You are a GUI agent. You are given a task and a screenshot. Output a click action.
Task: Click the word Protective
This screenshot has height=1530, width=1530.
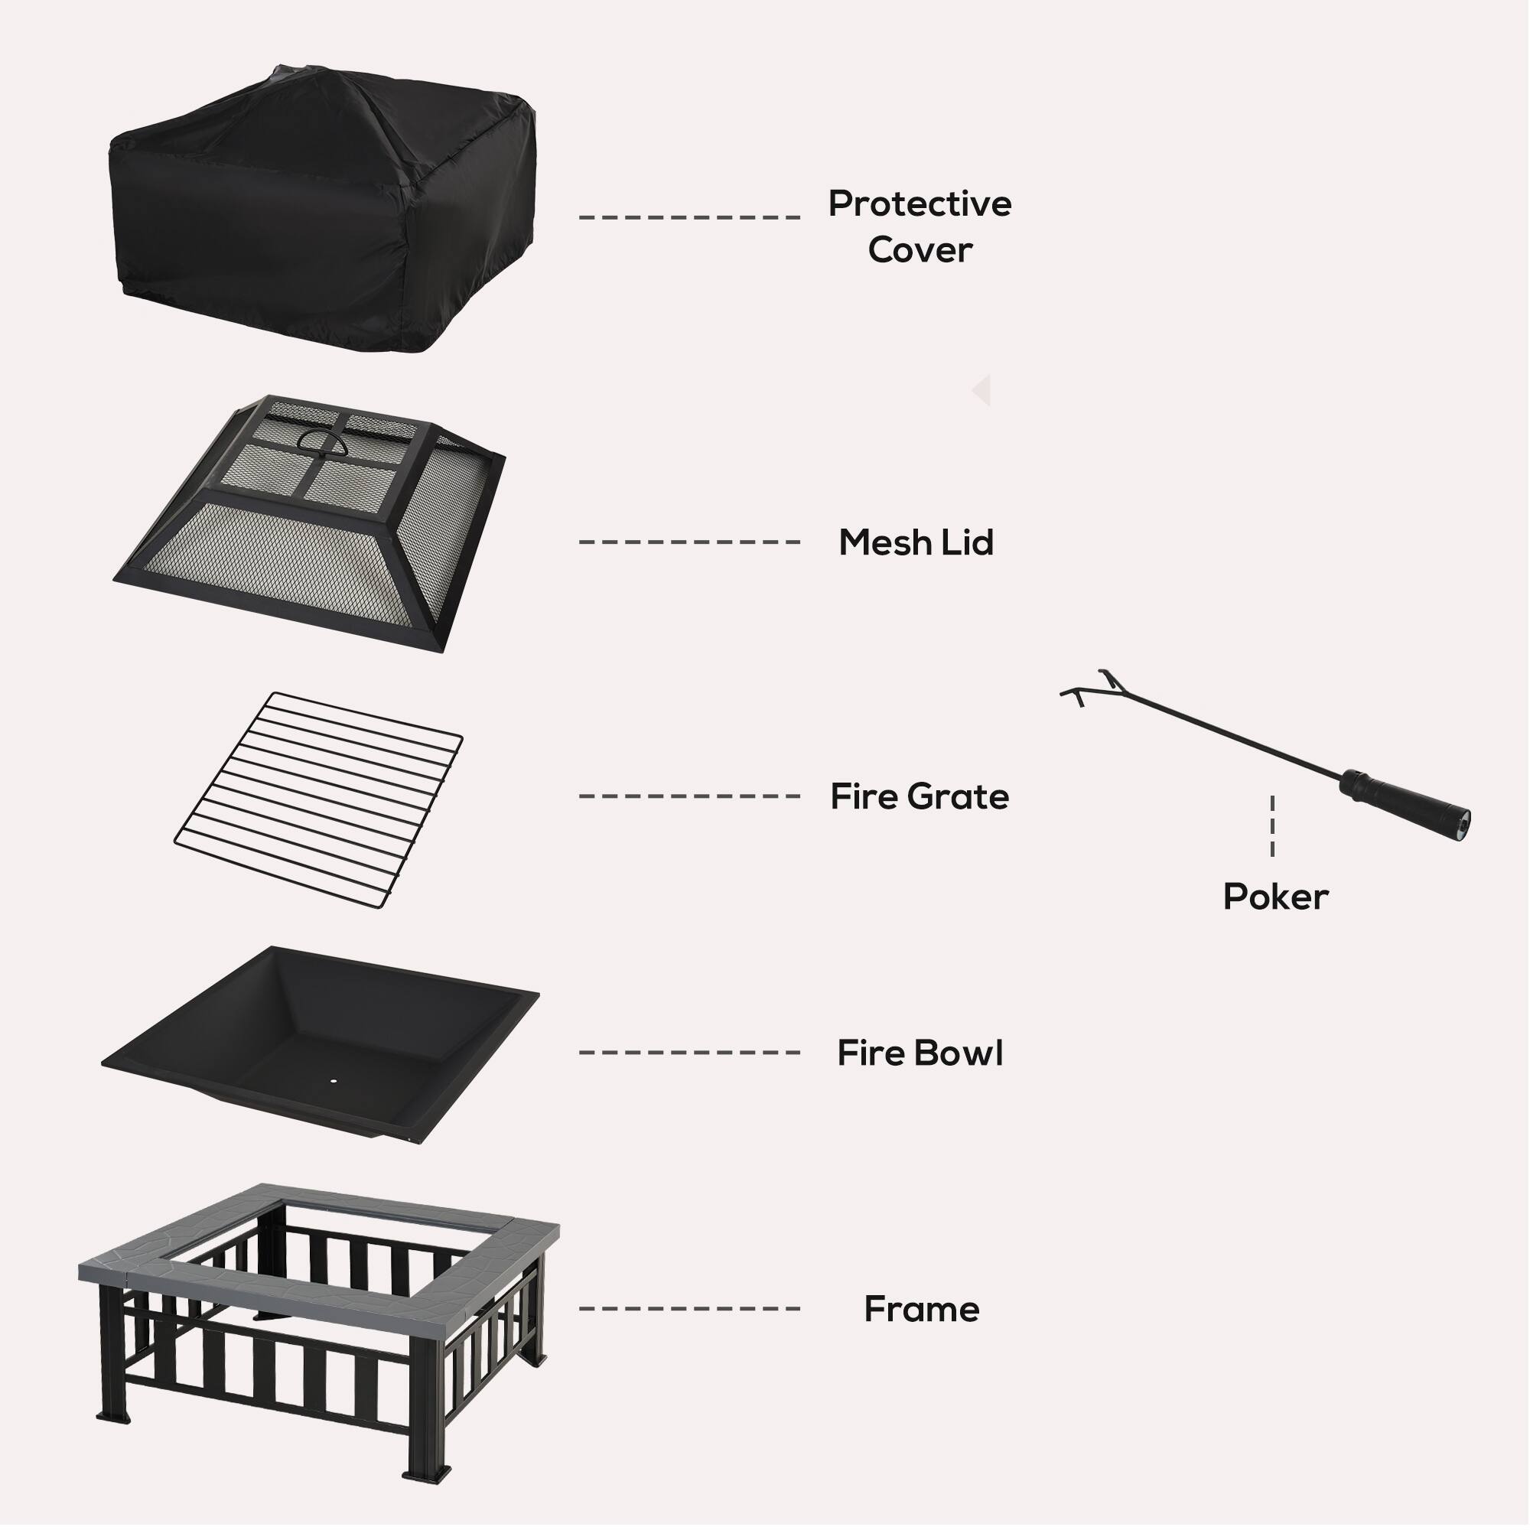[x=920, y=204]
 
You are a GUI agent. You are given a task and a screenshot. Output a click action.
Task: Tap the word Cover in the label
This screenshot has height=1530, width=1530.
[x=920, y=250]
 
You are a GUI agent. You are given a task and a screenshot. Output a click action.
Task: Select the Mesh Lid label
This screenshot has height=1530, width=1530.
[x=916, y=542]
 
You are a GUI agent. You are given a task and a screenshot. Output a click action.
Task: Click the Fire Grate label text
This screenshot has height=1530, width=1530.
[x=920, y=796]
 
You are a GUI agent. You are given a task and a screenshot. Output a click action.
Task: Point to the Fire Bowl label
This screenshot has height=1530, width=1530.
[x=920, y=1053]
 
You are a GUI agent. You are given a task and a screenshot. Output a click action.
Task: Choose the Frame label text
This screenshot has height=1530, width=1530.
[x=921, y=1310]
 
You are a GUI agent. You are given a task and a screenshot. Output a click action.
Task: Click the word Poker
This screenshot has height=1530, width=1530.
[x=1275, y=897]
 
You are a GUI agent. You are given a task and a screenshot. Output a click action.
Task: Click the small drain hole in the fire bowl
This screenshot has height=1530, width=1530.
[x=333, y=1081]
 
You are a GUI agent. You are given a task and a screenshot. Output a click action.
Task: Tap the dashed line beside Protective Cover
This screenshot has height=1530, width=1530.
[x=689, y=217]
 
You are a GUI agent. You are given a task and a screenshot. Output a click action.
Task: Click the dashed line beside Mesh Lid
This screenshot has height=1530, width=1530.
[x=689, y=542]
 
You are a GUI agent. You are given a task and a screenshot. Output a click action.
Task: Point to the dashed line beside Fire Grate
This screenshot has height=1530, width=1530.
[x=689, y=796]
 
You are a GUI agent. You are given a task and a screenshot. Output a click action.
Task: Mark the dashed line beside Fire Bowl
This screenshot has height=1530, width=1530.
[x=689, y=1053]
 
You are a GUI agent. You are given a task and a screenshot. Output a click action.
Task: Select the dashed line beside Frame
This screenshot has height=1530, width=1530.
[x=689, y=1309]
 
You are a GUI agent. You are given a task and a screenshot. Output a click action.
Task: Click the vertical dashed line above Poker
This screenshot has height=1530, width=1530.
[x=1273, y=826]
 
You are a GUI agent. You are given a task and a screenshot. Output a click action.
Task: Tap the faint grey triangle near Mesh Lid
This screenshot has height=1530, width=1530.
[x=983, y=391]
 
